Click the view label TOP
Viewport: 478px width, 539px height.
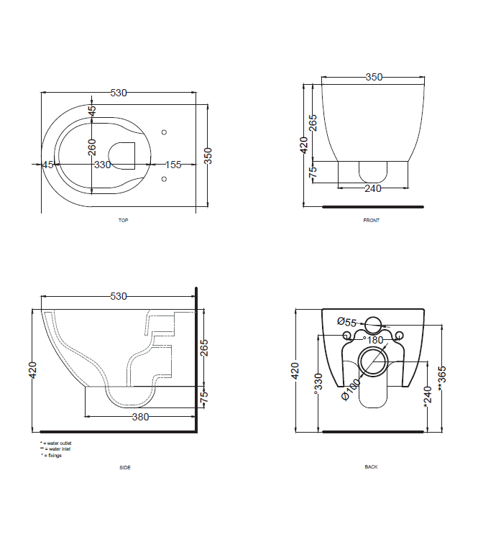pos(123,221)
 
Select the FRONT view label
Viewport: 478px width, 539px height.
pos(371,221)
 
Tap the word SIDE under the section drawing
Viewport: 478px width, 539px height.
pos(125,467)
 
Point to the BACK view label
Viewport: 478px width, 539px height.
pos(371,467)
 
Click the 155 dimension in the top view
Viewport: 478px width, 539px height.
pos(173,165)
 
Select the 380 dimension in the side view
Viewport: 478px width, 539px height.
pos(140,417)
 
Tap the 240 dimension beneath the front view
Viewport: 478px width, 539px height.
pos(372,189)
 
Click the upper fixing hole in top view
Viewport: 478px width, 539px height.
pos(164,132)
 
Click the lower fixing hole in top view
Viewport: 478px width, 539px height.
pos(164,180)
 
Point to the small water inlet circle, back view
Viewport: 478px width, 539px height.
pos(373,322)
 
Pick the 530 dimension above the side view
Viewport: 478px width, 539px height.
pos(119,295)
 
